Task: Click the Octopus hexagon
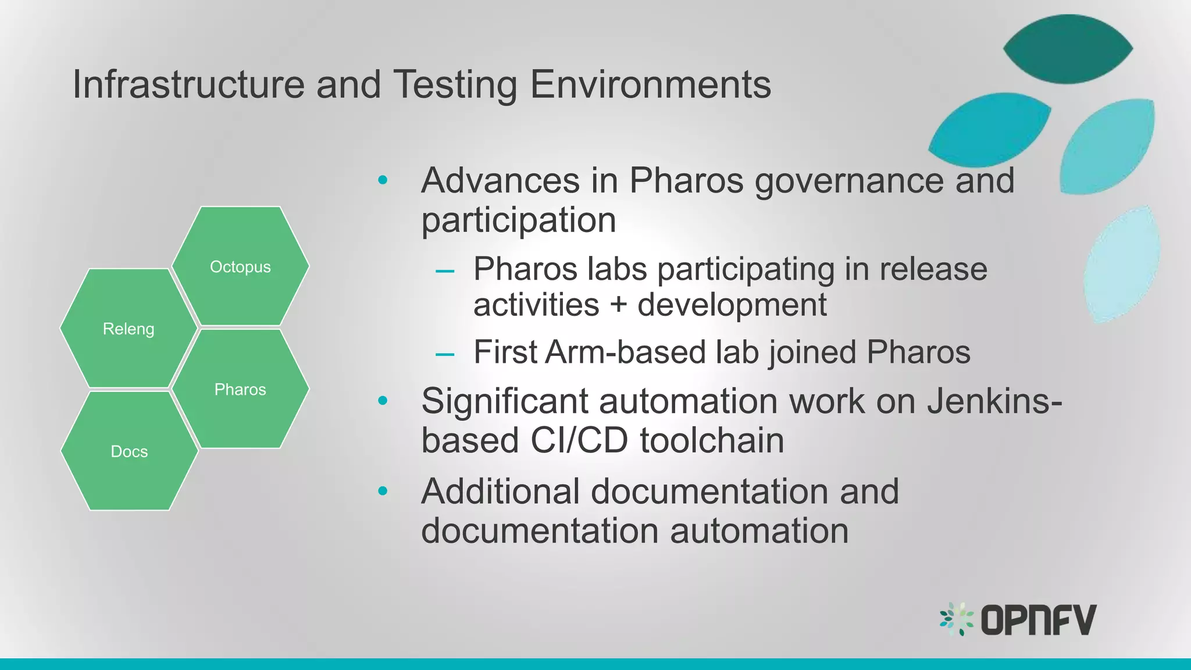[x=240, y=266]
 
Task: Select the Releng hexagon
[x=129, y=329]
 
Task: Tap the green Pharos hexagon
[x=240, y=389]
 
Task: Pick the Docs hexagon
[x=129, y=451]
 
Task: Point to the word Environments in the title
[x=650, y=85]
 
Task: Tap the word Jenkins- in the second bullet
[x=994, y=401]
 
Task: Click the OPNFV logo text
[x=1038, y=620]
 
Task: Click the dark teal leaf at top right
[x=1068, y=49]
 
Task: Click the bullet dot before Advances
[x=382, y=180]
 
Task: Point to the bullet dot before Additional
[x=382, y=491]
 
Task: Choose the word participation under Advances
[x=518, y=220]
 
